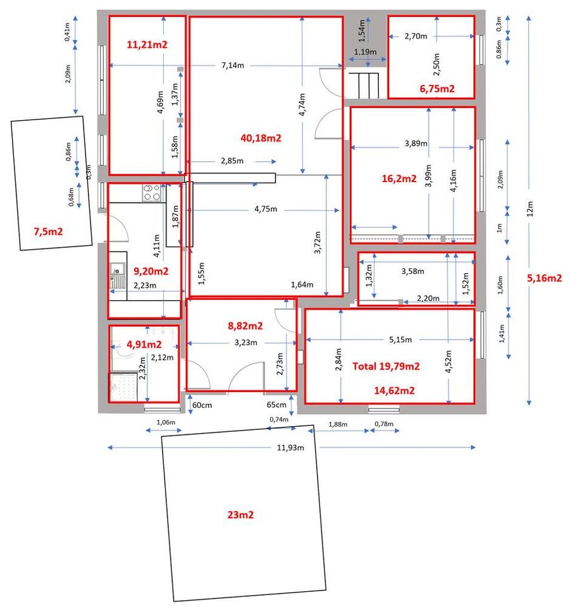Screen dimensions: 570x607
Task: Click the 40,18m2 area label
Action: (x=261, y=138)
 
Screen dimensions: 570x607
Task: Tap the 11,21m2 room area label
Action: (x=147, y=44)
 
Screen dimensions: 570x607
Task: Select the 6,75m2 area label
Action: (x=437, y=89)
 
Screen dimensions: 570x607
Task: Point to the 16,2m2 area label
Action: (x=399, y=178)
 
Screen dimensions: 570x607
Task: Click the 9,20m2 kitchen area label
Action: (x=151, y=271)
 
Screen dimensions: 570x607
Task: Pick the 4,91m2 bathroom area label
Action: (x=144, y=344)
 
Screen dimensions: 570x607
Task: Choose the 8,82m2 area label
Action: (x=245, y=326)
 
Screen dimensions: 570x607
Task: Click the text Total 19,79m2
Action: (x=386, y=366)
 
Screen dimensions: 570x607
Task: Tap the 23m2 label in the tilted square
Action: (x=240, y=515)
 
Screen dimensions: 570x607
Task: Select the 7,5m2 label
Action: (x=49, y=231)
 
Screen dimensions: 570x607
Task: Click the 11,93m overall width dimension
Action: (x=290, y=448)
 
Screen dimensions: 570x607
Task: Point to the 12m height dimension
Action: (x=530, y=209)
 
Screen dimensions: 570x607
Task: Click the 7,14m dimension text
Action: (x=233, y=65)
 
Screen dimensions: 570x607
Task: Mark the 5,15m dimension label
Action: (x=400, y=340)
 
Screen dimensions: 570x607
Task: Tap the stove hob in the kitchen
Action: (x=151, y=193)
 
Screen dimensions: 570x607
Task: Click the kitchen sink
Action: (x=117, y=276)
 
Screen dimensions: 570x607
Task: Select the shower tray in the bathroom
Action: (x=123, y=387)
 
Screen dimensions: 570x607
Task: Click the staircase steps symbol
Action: (x=366, y=85)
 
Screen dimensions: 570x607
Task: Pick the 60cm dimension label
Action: (x=202, y=405)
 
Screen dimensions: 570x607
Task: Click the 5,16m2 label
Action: (x=545, y=278)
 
